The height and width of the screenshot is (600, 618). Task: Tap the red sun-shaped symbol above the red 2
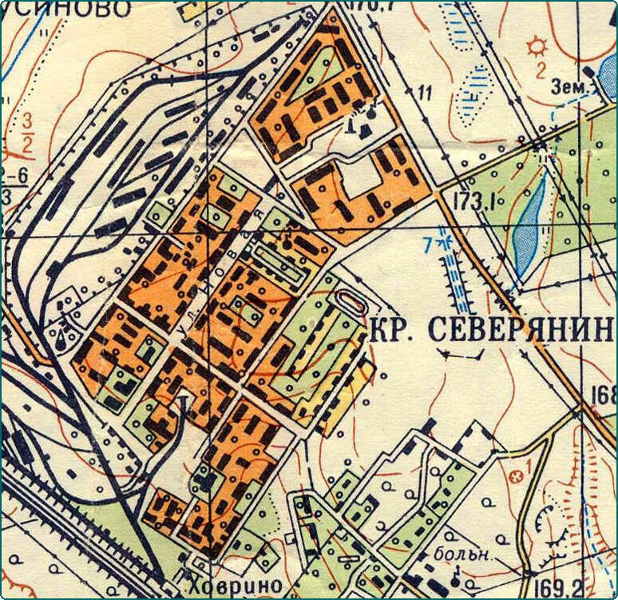click(537, 45)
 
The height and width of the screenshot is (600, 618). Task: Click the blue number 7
click(428, 242)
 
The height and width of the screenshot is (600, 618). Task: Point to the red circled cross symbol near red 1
click(515, 478)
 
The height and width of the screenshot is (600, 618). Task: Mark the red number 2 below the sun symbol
click(541, 69)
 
